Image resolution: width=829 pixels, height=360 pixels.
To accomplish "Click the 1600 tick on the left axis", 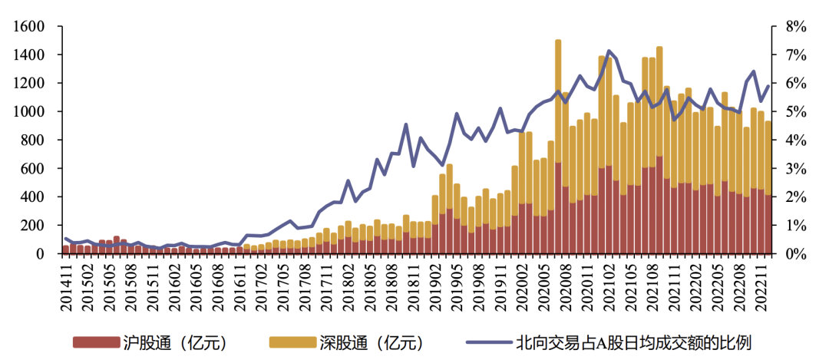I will pos(28,27).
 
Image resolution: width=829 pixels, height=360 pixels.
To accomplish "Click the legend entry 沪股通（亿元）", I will pos(177,342).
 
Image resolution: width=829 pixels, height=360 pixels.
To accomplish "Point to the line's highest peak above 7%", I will pos(609,51).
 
